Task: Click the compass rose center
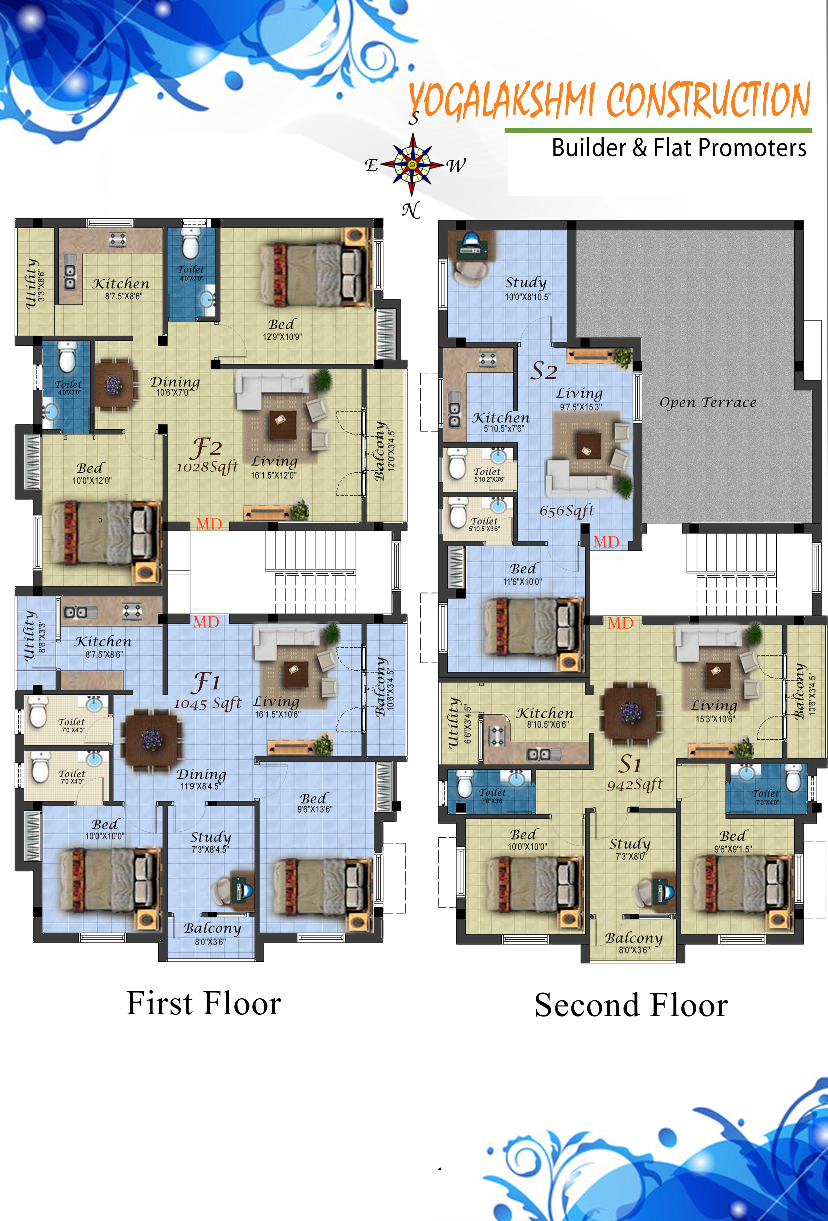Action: click(413, 165)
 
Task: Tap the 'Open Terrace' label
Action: click(708, 402)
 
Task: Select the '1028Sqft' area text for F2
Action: click(207, 466)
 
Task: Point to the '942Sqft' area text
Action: click(635, 785)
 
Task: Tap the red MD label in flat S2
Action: click(606, 542)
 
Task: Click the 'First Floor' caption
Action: click(204, 1003)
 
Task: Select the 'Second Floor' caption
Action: click(631, 1005)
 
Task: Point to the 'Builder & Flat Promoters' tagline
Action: click(678, 148)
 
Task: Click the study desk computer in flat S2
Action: click(470, 242)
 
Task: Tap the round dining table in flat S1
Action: click(630, 713)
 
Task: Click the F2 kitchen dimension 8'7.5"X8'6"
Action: click(123, 296)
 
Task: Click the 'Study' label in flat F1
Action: click(211, 837)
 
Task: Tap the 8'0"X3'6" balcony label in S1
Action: click(634, 950)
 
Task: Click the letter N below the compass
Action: click(411, 210)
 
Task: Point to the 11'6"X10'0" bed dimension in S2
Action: click(522, 582)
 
